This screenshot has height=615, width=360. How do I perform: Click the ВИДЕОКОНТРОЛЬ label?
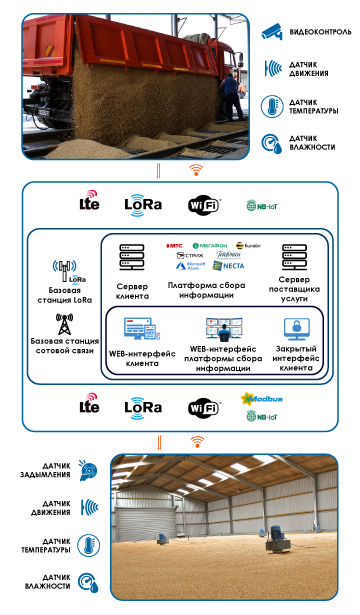click(319, 32)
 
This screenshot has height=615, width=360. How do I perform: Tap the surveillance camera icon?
click(271, 31)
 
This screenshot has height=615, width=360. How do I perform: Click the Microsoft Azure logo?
click(189, 267)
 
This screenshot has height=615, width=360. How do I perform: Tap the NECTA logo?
click(232, 267)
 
